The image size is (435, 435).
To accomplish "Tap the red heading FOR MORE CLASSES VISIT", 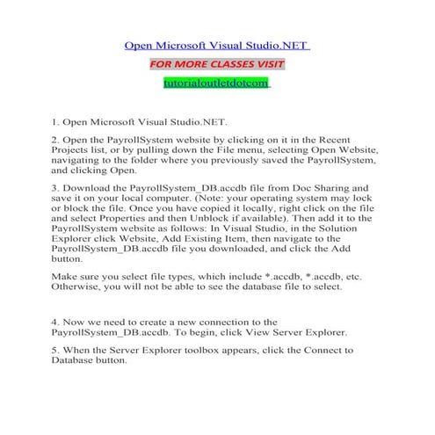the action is pos(217,64).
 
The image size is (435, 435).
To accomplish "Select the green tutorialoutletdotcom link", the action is pos(217,84).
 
